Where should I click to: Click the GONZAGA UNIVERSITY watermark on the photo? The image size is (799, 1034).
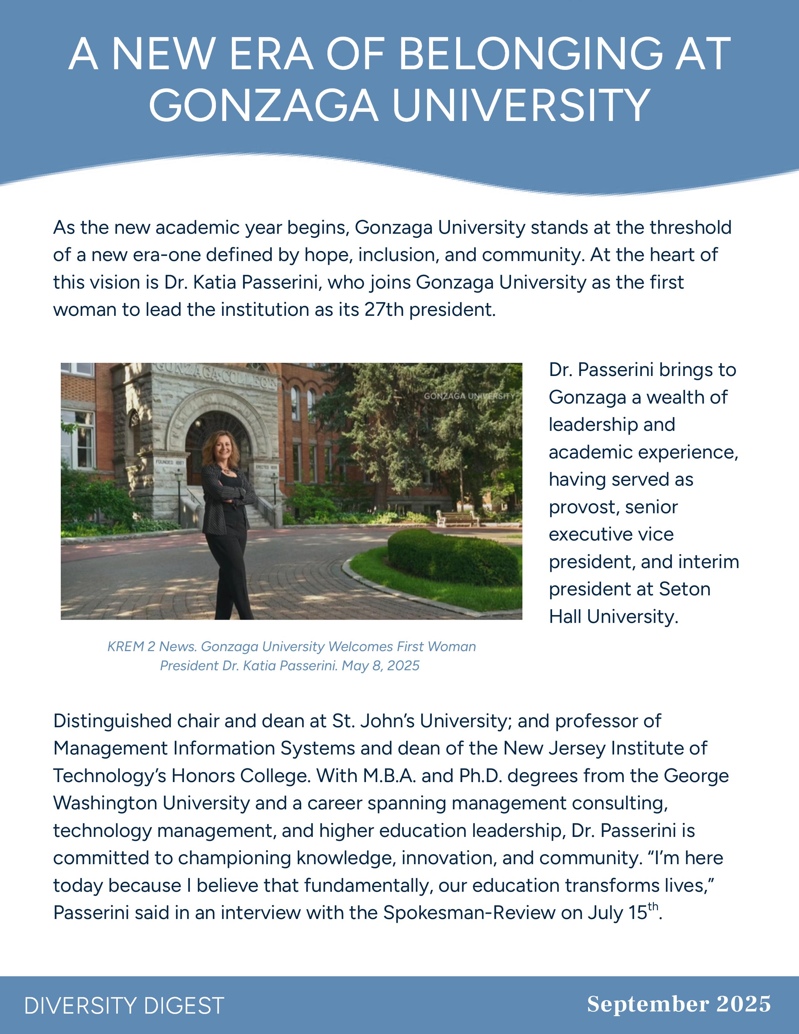pyautogui.click(x=469, y=396)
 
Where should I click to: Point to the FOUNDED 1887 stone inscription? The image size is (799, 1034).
pyautogui.click(x=170, y=462)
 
